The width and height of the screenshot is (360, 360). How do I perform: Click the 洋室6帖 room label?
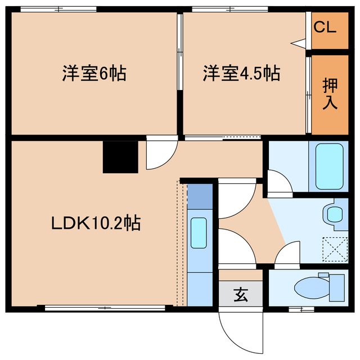click(94, 73)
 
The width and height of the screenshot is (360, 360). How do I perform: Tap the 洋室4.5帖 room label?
click(241, 73)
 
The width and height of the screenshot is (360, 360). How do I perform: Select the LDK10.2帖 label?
click(96, 223)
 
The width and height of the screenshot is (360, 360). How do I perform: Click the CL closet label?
click(325, 27)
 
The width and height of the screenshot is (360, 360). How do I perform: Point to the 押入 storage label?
click(330, 94)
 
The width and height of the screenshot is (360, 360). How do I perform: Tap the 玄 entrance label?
click(241, 295)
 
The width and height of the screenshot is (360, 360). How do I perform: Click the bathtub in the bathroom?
click(330, 166)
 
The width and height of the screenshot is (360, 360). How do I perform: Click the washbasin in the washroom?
click(335, 214)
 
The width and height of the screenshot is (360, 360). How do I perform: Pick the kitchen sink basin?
click(199, 233)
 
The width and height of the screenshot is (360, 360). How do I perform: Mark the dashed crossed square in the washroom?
click(335, 249)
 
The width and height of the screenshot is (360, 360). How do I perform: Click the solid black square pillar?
click(120, 157)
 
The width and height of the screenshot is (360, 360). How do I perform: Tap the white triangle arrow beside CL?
click(298, 43)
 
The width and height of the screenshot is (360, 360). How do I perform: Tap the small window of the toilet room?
click(301, 309)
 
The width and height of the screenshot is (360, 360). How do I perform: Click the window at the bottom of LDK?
click(105, 308)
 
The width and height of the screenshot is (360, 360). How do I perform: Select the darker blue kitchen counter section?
click(200, 196)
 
